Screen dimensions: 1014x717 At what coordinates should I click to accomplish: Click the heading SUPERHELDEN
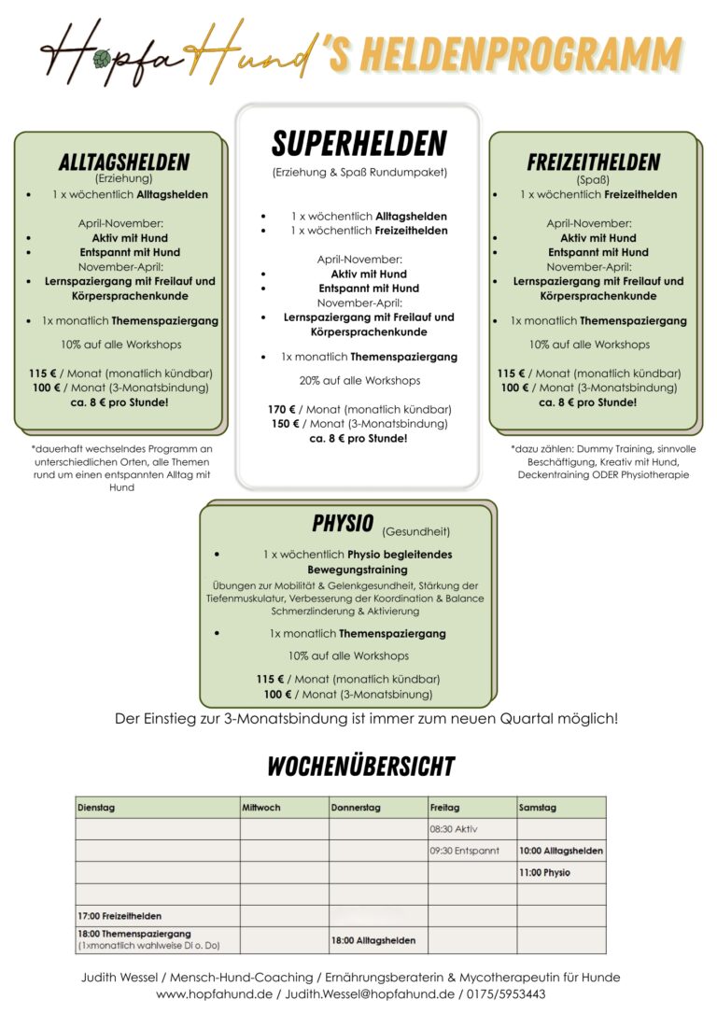pos(358,144)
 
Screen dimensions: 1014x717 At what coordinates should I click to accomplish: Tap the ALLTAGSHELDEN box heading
pos(124,162)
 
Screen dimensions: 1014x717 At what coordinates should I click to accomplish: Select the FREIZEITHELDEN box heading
pos(593,162)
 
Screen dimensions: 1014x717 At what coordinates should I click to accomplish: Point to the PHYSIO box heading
pos(343,523)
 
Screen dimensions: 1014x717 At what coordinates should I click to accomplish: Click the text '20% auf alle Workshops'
pos(359,380)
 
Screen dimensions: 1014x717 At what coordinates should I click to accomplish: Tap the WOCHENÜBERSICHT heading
pos(360,767)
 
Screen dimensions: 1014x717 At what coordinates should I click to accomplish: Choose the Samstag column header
pos(538,807)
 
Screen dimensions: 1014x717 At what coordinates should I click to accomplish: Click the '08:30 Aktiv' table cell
pos(454,829)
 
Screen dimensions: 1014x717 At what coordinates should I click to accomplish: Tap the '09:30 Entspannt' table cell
pos(465,851)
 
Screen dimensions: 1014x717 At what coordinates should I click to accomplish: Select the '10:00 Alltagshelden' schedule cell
pos(561,851)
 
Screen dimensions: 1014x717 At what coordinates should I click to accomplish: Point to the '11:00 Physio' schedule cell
pos(544,872)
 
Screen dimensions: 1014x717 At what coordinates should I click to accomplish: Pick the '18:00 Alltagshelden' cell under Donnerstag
pos(373,940)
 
